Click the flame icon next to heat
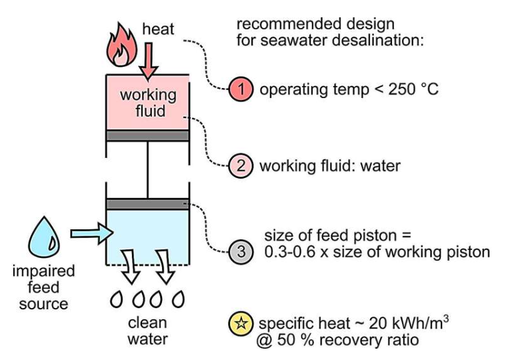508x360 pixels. [x=123, y=45]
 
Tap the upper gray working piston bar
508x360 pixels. [x=148, y=135]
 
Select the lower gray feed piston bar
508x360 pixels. [x=148, y=203]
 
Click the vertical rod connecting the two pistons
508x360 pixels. [x=148, y=169]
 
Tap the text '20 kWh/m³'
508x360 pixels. [x=417, y=324]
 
